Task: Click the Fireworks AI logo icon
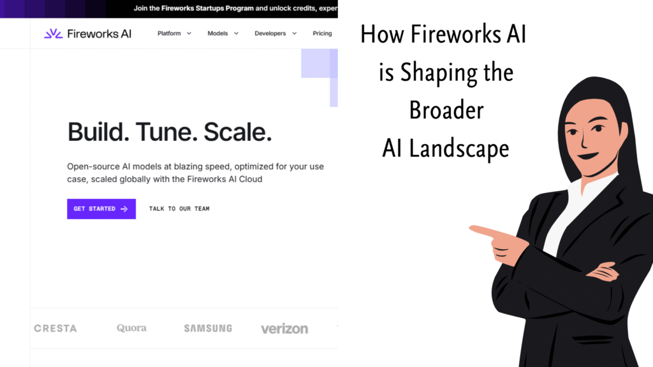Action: click(x=54, y=34)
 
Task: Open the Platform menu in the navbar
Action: click(x=174, y=33)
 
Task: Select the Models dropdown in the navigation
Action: click(x=223, y=33)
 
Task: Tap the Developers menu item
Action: click(x=275, y=33)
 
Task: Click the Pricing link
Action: click(x=322, y=33)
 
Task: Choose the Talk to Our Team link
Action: click(x=179, y=209)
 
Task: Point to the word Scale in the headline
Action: click(x=237, y=132)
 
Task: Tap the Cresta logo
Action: click(x=55, y=329)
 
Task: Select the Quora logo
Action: click(x=131, y=328)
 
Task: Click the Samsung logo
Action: click(x=209, y=328)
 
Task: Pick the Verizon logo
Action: click(x=284, y=329)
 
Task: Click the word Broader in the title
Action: click(x=446, y=110)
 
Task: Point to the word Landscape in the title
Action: click(x=459, y=148)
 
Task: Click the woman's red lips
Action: click(x=587, y=156)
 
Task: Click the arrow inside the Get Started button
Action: click(x=124, y=209)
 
